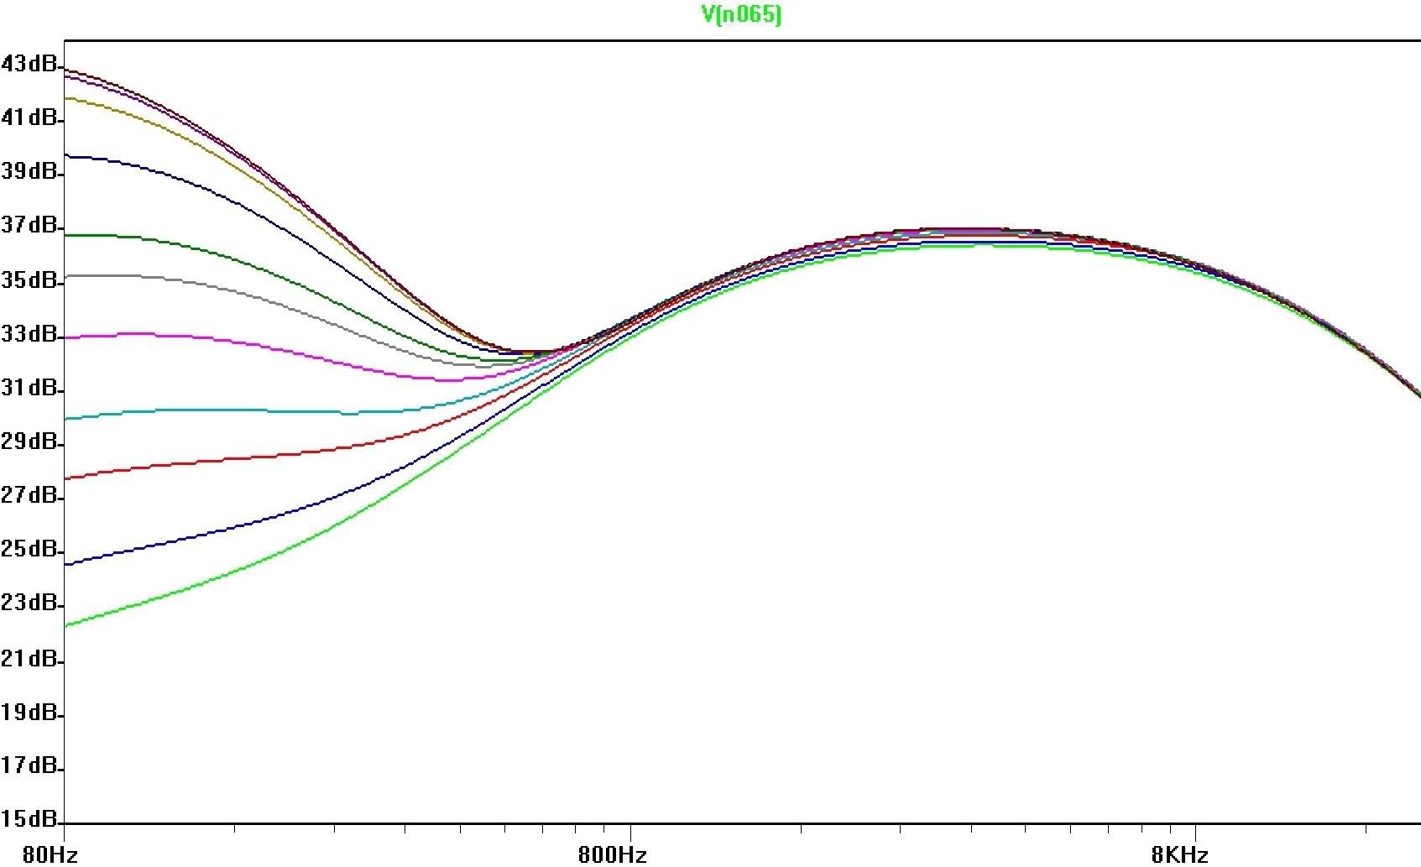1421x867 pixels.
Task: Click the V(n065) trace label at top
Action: click(x=740, y=14)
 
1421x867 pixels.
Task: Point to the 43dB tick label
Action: click(x=29, y=63)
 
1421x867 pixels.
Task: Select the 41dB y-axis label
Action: click(x=29, y=118)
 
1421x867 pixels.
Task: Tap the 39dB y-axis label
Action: click(x=29, y=171)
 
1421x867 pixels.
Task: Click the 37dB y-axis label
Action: click(x=29, y=226)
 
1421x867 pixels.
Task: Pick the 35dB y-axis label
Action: click(x=29, y=279)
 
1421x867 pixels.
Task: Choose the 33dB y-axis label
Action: click(x=29, y=334)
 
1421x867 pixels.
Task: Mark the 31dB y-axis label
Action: click(x=29, y=388)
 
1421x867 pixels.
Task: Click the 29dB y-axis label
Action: click(x=29, y=441)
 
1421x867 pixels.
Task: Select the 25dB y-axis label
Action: click(x=29, y=550)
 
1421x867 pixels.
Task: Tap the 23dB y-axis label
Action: click(x=29, y=603)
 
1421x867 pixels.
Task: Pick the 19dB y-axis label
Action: click(x=29, y=713)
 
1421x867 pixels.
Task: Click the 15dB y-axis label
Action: click(x=29, y=818)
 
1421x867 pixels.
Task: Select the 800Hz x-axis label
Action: click(x=613, y=854)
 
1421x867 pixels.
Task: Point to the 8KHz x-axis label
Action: click(x=1179, y=854)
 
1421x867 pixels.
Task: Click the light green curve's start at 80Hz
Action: click(x=65, y=625)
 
